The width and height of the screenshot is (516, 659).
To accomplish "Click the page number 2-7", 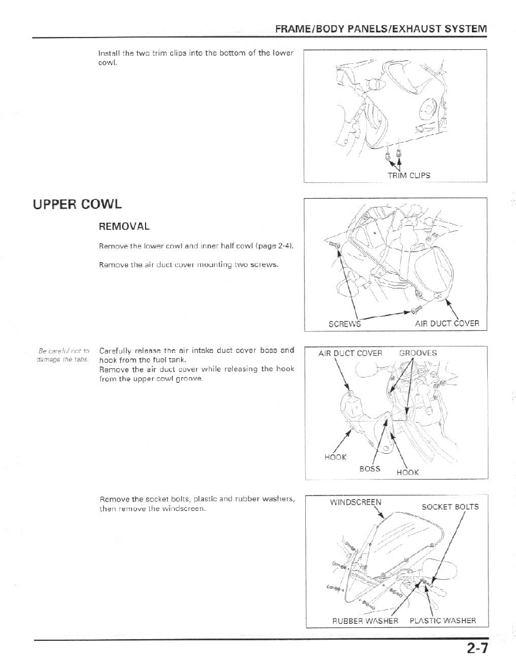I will click(x=478, y=647).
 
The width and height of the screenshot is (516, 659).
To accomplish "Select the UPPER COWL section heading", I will click(x=77, y=205).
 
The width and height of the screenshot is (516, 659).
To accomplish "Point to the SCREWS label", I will click(x=344, y=323).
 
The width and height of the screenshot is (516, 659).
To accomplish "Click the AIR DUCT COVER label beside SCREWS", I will click(x=447, y=323).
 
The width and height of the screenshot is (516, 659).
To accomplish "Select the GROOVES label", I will click(x=418, y=353).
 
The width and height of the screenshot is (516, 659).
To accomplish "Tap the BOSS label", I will click(x=370, y=468).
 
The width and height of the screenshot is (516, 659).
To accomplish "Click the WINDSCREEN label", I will click(x=356, y=502).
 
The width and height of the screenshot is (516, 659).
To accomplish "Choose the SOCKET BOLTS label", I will click(x=450, y=507).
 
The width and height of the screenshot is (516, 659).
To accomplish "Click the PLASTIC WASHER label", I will click(x=443, y=620).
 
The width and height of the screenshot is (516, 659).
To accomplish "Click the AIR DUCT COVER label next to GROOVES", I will click(x=350, y=353).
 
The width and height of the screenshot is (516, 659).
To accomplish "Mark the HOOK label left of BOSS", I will click(x=335, y=457).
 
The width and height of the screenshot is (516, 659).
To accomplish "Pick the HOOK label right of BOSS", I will click(x=408, y=473).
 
